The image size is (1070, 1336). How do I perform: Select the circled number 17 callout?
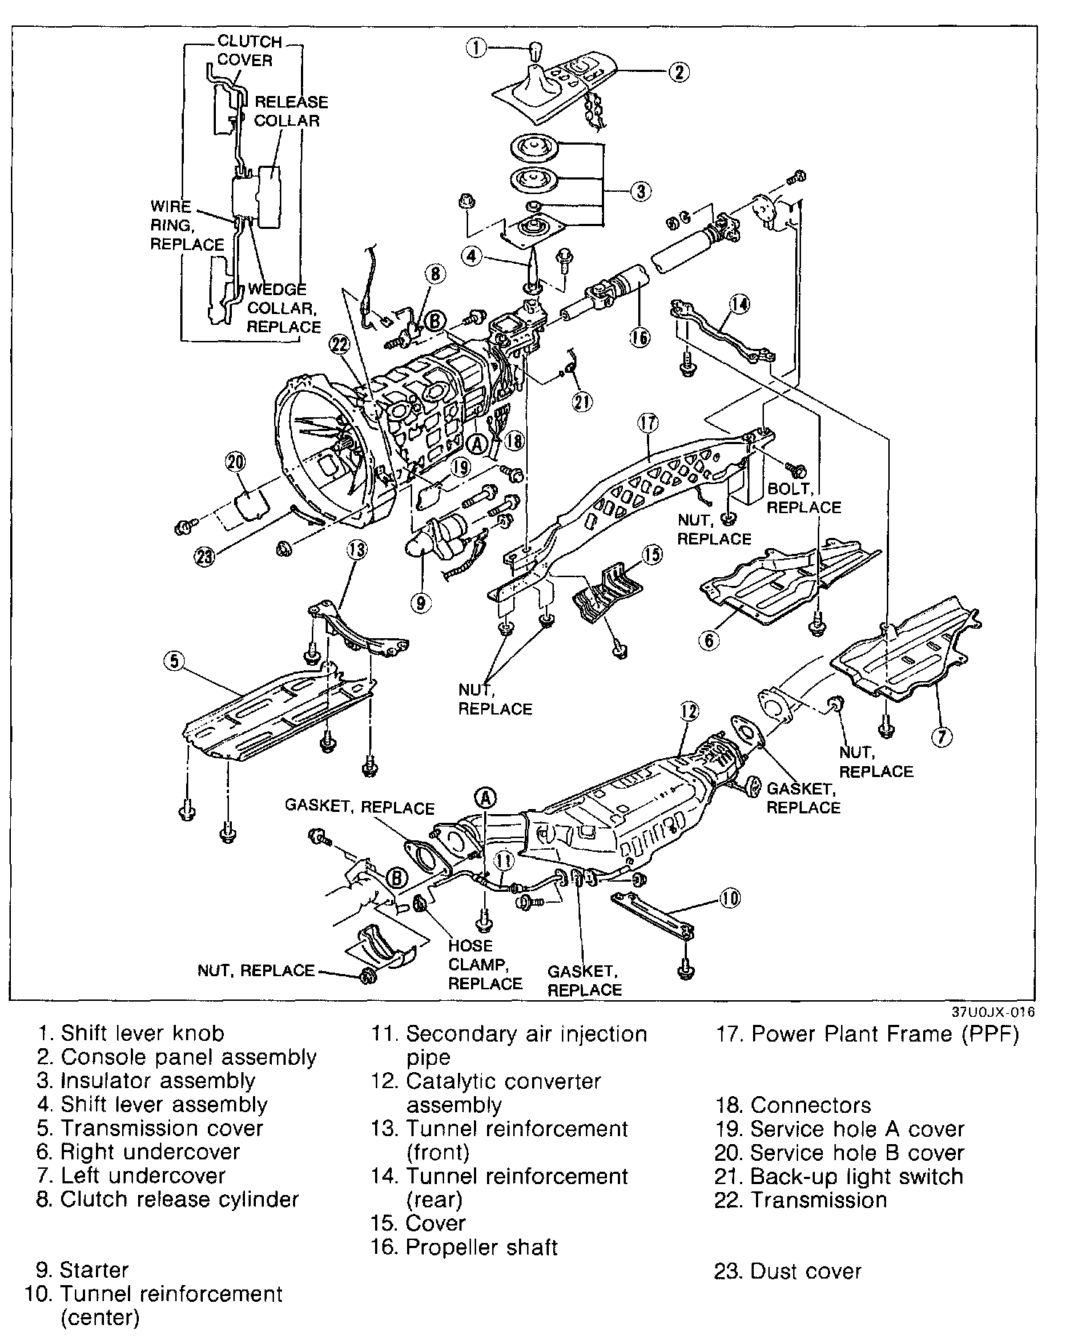point(648,423)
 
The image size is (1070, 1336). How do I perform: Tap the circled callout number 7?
point(940,738)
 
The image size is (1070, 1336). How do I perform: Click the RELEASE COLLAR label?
point(290,111)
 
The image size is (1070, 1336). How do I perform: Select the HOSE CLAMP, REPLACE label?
point(485,965)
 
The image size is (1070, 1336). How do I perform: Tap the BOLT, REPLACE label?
point(803,499)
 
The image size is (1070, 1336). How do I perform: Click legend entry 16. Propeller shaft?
point(464,1247)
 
